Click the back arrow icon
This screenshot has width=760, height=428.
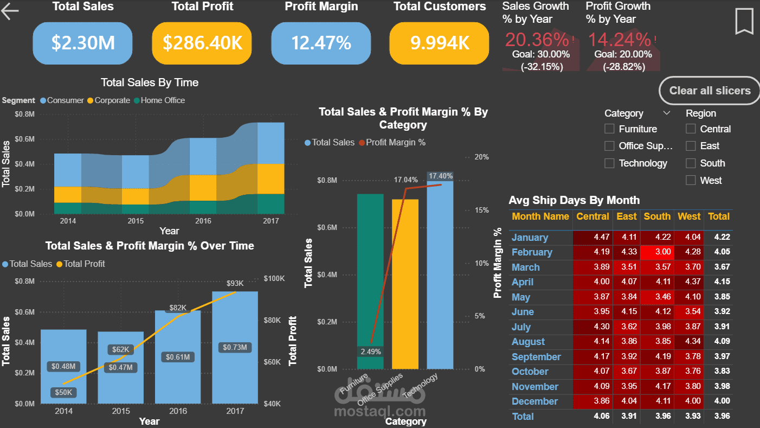pos(10,11)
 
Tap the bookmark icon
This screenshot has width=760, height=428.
pos(744,22)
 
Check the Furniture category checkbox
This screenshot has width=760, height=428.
pos(610,129)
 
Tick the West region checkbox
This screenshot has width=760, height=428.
pos(691,181)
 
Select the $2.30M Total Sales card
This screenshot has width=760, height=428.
pos(83,43)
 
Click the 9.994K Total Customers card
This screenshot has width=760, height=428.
pos(439,43)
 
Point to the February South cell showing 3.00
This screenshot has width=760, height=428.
pos(657,252)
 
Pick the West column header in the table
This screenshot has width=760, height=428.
pos(689,216)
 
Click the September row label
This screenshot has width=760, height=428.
pos(536,357)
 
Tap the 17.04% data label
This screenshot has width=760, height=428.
pos(405,180)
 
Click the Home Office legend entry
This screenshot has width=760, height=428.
pos(163,100)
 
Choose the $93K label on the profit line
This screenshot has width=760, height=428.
pos(235,283)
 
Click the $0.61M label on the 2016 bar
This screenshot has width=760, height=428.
pos(178,357)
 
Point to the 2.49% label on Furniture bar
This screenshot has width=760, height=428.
pos(370,352)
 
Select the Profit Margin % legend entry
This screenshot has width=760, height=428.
pos(396,143)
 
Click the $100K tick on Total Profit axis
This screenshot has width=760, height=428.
pos(274,278)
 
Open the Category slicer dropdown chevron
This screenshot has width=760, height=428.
pos(667,113)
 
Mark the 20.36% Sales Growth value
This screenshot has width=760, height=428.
pos(537,40)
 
